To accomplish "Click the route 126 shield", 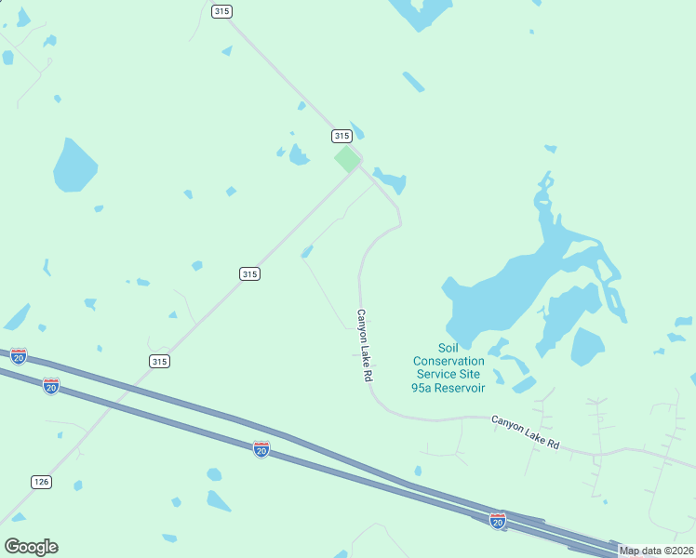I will [41, 482].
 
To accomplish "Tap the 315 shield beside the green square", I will [341, 136].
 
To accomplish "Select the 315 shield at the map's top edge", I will [221, 11].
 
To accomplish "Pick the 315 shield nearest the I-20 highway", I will [159, 361].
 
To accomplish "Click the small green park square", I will [347, 159].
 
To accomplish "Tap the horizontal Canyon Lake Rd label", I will [525, 432].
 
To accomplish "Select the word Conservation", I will [448, 361].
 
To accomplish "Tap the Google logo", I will [31, 547].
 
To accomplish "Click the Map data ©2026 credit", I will [655, 551].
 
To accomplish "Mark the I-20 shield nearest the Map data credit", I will [498, 521].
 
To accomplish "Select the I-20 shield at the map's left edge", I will [19, 356].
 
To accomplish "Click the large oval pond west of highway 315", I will [74, 166].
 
